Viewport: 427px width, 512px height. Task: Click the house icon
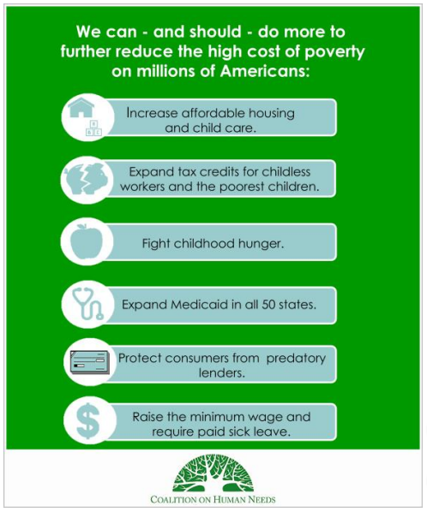click(x=81, y=107)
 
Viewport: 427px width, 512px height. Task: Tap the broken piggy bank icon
click(x=87, y=178)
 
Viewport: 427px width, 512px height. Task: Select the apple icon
click(x=87, y=241)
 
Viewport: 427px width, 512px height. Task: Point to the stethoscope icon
click(x=87, y=304)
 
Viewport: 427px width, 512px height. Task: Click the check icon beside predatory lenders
click(x=89, y=362)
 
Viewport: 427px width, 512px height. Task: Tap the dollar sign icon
click(x=87, y=421)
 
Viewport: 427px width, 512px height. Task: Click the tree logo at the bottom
click(x=213, y=473)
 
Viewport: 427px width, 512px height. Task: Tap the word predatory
click(x=296, y=359)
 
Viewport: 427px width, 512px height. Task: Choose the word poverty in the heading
click(x=334, y=52)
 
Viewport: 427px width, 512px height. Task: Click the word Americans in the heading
click(x=265, y=71)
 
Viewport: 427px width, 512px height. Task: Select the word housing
click(x=271, y=114)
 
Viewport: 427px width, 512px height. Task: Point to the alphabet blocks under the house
click(x=93, y=128)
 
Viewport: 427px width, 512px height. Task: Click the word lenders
click(x=222, y=372)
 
